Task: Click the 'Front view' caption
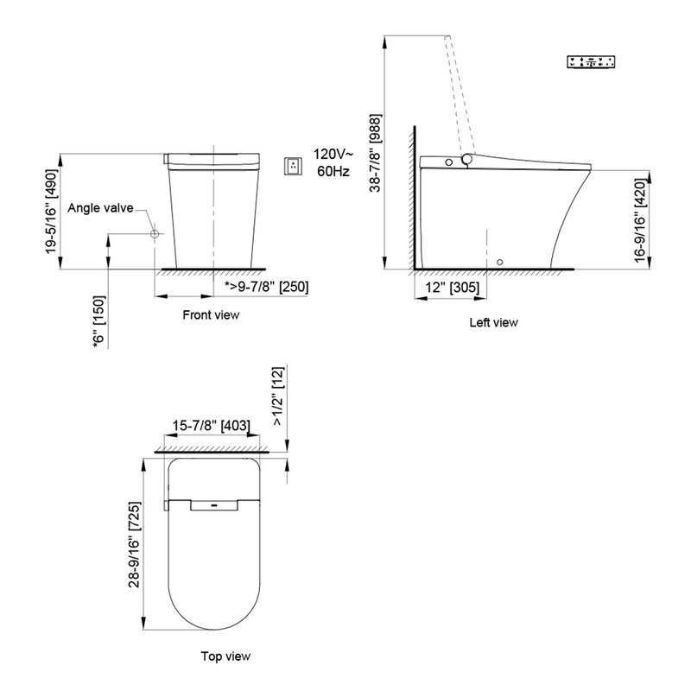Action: point(211,315)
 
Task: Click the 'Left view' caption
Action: point(493,323)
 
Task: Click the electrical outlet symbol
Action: point(294,165)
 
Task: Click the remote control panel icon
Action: point(592,62)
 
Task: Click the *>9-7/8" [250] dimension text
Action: point(266,287)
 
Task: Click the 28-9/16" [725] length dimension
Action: point(133,544)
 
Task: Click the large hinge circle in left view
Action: point(468,160)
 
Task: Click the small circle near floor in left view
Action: point(500,262)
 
